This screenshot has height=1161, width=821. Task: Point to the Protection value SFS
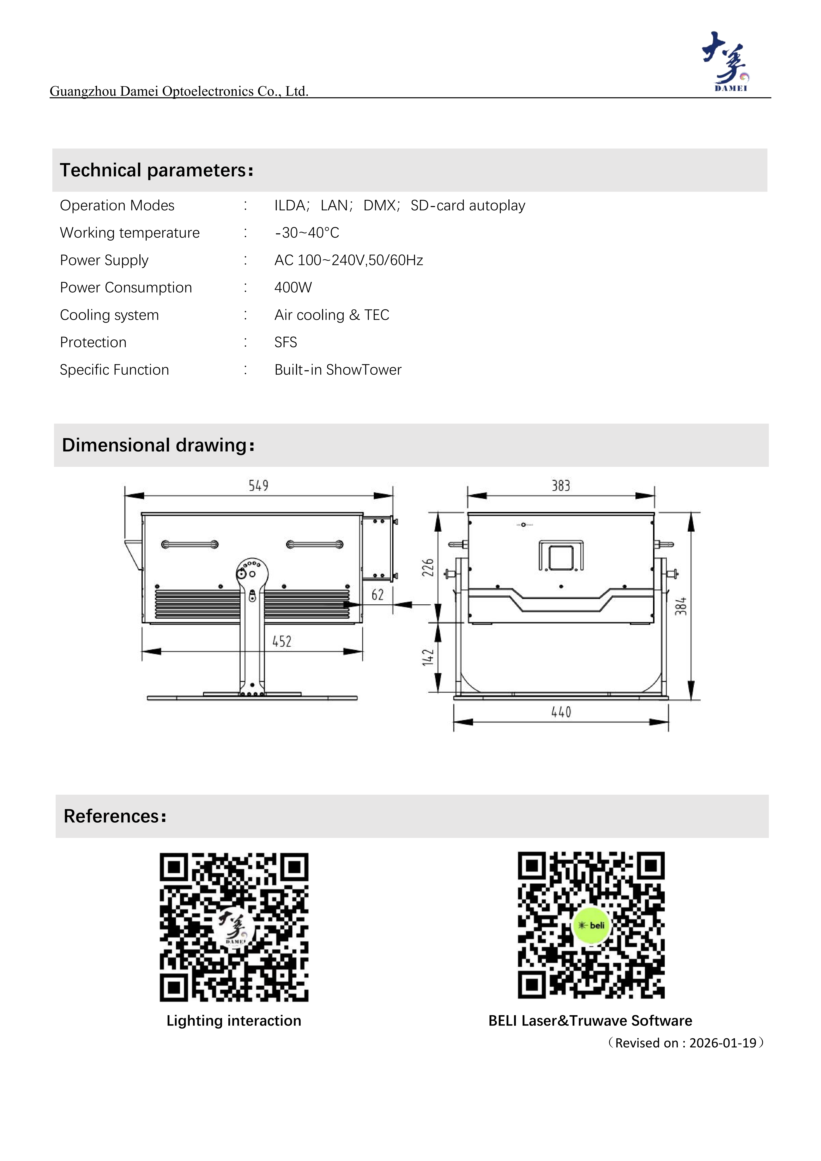click(x=286, y=342)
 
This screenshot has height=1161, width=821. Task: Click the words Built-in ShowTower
click(x=338, y=370)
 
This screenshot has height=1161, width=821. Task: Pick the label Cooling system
click(x=109, y=315)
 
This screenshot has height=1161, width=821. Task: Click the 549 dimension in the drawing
click(x=258, y=486)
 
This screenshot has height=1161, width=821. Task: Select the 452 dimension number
click(x=282, y=642)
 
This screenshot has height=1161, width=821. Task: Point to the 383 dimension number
click(x=561, y=486)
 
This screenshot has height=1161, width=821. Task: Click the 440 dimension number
click(x=561, y=713)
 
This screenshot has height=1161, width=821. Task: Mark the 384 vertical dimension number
click(x=681, y=606)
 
